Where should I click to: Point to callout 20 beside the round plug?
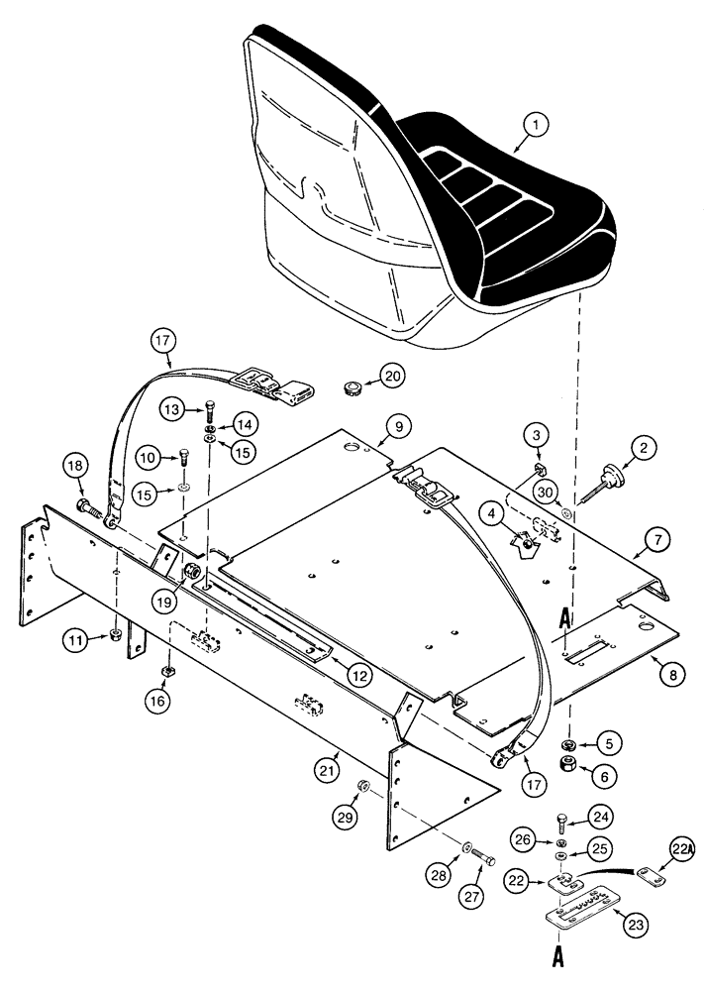[394, 378]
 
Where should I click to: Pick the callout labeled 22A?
[680, 850]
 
